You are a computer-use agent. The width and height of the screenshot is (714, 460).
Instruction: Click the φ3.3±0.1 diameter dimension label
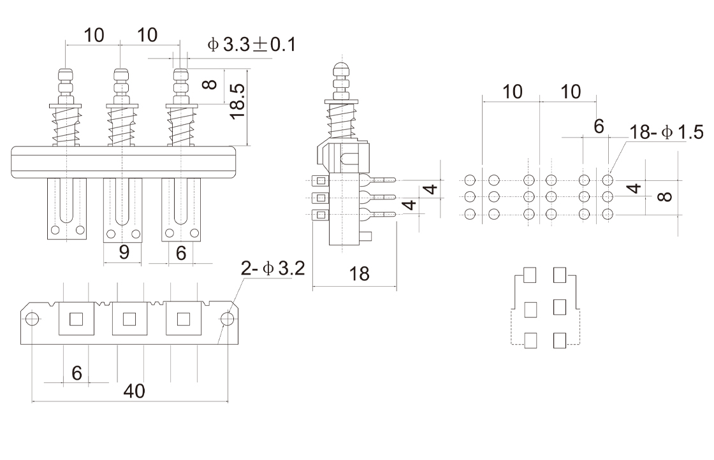coord(251,45)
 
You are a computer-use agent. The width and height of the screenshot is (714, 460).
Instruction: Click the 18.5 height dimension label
coord(237,101)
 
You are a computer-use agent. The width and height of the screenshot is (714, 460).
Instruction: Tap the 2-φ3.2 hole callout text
coord(272,269)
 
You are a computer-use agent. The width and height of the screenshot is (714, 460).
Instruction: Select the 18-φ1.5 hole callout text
coord(666,132)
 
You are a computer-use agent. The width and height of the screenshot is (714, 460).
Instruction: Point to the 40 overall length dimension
coord(133,391)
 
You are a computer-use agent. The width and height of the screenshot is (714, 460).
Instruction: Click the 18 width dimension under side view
coord(360,274)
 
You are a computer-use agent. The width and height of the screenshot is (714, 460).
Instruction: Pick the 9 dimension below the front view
coord(124,253)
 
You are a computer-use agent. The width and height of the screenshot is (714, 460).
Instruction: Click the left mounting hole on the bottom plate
coord(33,319)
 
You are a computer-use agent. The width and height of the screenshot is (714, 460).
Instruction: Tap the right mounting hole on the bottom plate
coord(226,319)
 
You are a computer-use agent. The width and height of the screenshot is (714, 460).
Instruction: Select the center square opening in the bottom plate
coord(129,318)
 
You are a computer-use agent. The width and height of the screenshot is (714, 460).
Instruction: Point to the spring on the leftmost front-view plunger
coord(66,126)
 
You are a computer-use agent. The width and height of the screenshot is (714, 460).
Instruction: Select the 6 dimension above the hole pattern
coord(599,126)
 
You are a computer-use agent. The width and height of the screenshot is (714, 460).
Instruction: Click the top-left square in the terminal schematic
coord(529,275)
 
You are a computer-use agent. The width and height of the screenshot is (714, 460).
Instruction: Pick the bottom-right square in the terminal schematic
coord(560,340)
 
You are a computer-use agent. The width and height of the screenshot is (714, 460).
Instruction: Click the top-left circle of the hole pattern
coord(470,180)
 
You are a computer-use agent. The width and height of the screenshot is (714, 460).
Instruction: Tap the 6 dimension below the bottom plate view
coord(76,373)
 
